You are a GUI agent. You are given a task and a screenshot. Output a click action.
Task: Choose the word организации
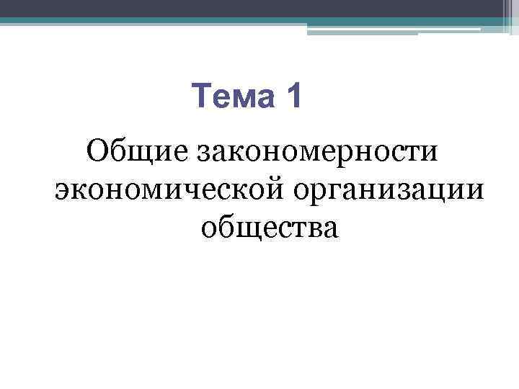pyautogui.click(x=388, y=190)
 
